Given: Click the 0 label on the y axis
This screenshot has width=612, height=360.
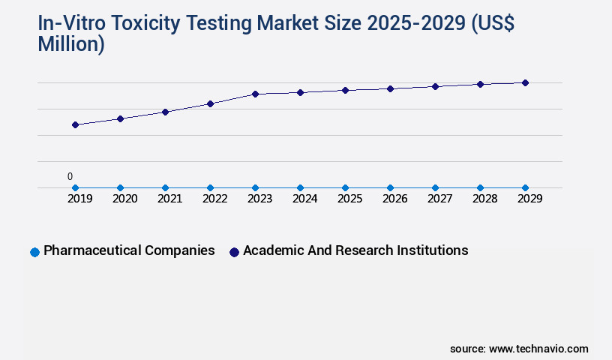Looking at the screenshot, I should (70, 177).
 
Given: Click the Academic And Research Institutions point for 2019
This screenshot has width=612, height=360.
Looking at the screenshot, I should (75, 124).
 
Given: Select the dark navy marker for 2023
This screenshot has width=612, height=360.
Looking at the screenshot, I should (255, 94).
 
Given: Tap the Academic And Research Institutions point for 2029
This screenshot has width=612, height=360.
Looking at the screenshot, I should (525, 82).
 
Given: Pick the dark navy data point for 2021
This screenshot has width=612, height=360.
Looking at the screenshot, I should (165, 112).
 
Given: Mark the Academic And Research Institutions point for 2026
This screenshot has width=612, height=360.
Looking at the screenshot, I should (390, 88).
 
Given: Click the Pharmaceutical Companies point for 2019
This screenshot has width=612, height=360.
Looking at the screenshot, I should (75, 187).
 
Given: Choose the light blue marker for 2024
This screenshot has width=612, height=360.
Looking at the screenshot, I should (300, 187).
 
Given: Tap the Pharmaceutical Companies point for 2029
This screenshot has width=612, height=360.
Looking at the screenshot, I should (525, 187).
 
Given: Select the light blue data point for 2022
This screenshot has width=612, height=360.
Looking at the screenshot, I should (210, 187).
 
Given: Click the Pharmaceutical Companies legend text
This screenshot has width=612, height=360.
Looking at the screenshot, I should (129, 250).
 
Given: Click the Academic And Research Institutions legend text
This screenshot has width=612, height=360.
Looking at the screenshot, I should (355, 250).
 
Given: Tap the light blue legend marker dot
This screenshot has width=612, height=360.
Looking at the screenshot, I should (34, 252).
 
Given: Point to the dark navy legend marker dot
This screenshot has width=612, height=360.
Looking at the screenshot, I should (234, 252).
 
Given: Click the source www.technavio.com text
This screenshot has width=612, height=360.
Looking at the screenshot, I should (519, 349).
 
